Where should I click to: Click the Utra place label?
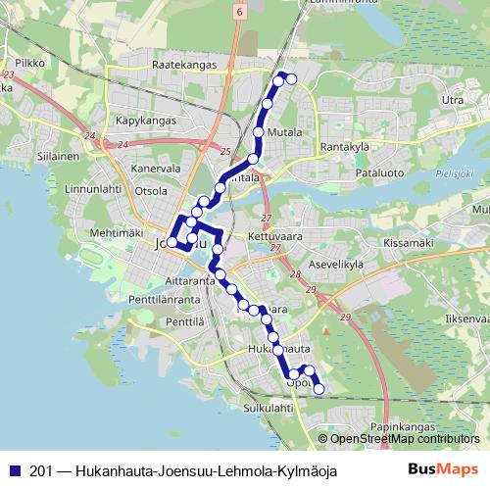coord(453,100)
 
